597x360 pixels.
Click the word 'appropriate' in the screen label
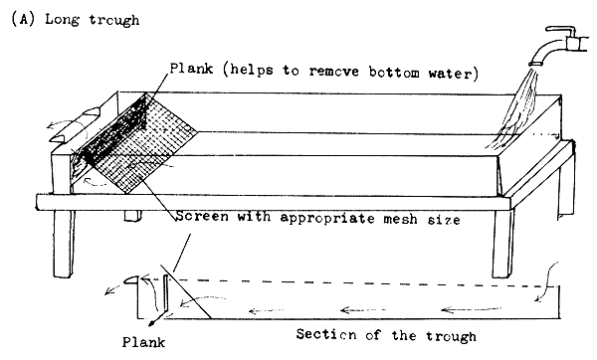point(329,219)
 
